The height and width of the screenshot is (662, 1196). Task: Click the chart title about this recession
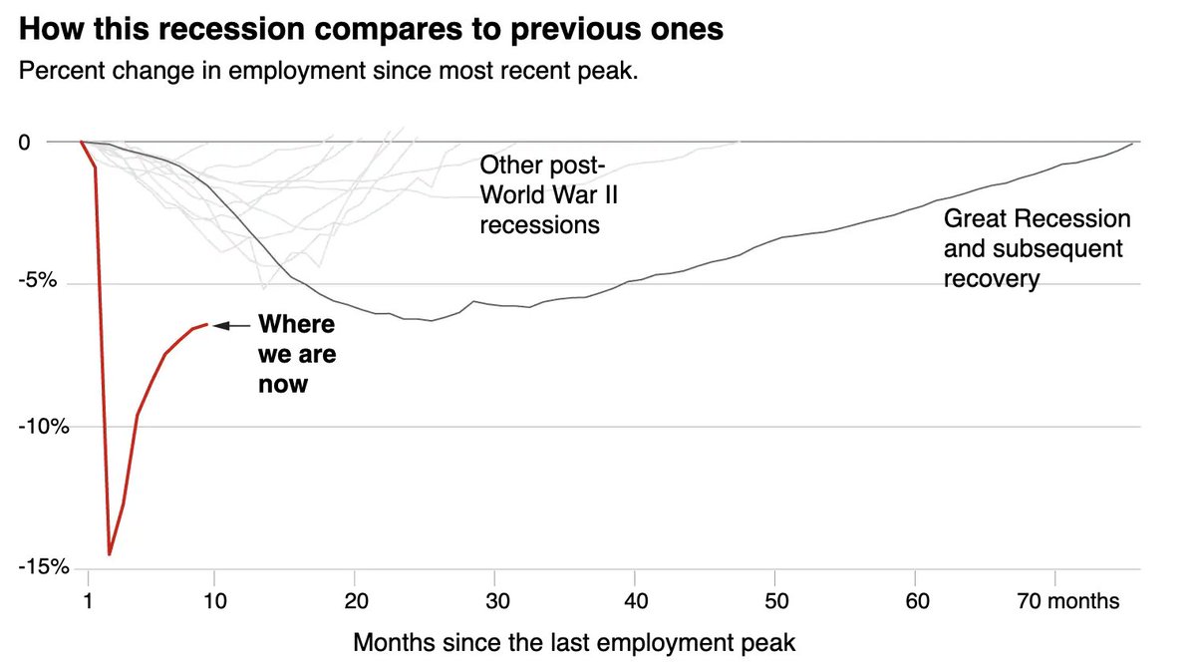[x=371, y=29]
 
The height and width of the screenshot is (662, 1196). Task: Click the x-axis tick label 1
[x=88, y=601]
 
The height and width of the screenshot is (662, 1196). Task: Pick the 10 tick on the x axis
[x=214, y=601]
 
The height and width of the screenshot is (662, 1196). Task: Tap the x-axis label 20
[x=356, y=601]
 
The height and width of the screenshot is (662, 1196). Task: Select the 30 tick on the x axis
[x=496, y=601]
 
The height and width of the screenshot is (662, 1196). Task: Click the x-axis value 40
[x=637, y=601]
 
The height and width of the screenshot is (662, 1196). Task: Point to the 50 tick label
[x=777, y=601]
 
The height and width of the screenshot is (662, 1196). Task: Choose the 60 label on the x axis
[x=918, y=601]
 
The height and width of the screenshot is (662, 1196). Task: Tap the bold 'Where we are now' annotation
[x=296, y=353]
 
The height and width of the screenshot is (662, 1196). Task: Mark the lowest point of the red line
[x=110, y=553]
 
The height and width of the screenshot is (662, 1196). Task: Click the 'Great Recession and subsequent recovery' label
[x=1036, y=248]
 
